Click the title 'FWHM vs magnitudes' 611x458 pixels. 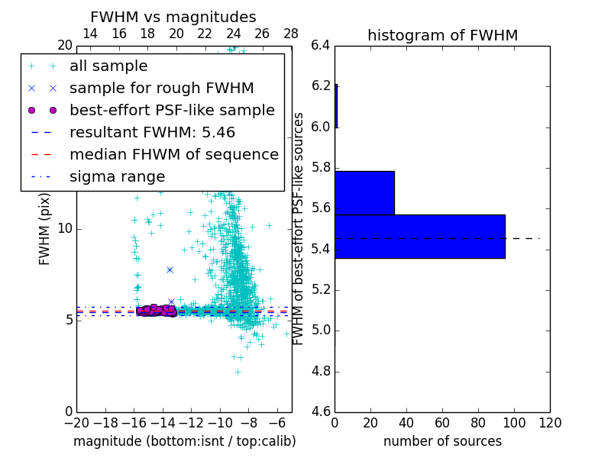tap(173, 17)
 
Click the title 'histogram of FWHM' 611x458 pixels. tap(442, 35)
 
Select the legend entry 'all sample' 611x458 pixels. tap(108, 66)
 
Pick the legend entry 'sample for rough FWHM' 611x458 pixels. tap(161, 88)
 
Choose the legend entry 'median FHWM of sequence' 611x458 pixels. tap(173, 154)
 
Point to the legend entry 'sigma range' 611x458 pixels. tap(117, 176)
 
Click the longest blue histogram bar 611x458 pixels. tap(419, 236)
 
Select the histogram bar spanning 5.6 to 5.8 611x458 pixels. tap(364, 192)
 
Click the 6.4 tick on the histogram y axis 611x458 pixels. tap(321, 45)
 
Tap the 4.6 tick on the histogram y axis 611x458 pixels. tap(321, 412)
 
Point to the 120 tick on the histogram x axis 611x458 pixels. tap(550, 422)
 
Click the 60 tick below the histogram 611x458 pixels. tap(442, 422)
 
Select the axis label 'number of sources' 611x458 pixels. tap(442, 441)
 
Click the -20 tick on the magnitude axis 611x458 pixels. tap(76, 422)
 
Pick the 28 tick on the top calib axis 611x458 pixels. tap(291, 34)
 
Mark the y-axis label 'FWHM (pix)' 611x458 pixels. tap(45, 229)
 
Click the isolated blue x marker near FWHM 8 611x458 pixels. tap(170, 269)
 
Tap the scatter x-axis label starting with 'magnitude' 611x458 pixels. tap(184, 441)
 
